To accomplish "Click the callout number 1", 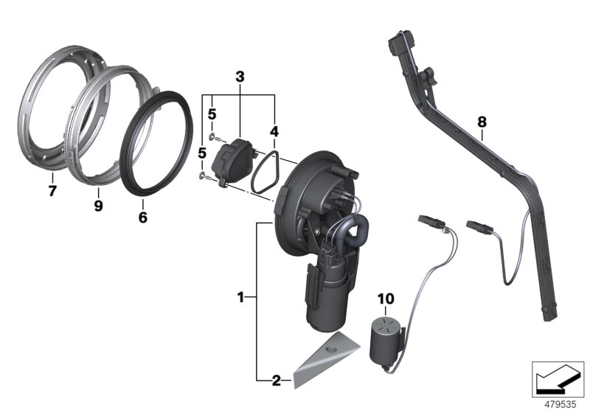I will coord(240,297).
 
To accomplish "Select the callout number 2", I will coord(276,381).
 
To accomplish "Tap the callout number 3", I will coord(239,77).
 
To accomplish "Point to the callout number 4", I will coord(274,132).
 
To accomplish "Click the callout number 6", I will coord(143,218).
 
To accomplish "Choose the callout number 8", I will coord(482,120).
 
